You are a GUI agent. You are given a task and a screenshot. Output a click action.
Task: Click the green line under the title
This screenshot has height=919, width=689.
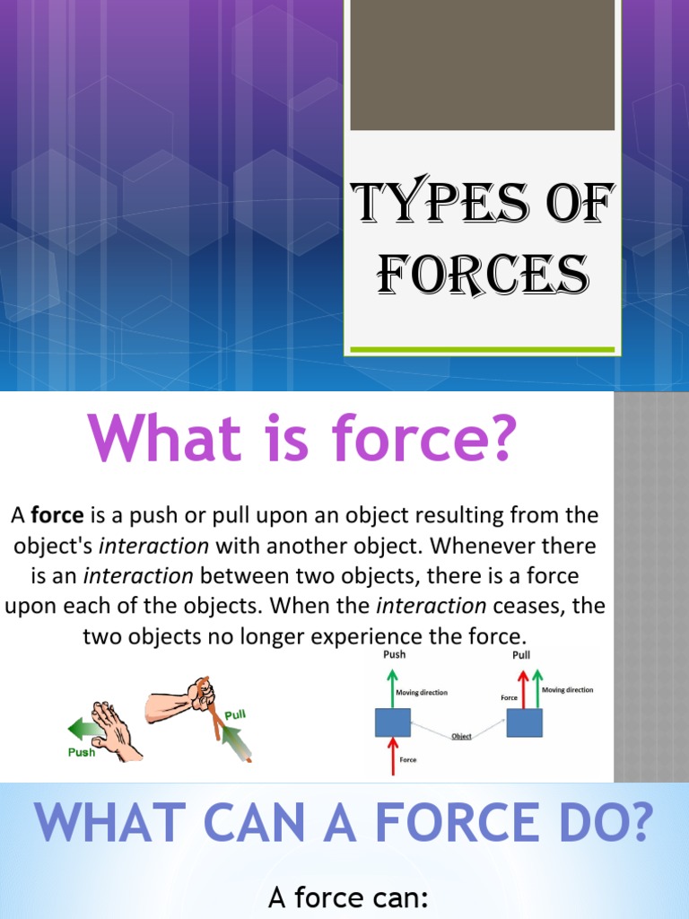[482, 349]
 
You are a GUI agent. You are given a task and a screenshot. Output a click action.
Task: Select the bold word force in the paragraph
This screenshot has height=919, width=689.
[57, 515]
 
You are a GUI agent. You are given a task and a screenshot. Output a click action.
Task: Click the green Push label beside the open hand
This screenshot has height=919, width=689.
[82, 752]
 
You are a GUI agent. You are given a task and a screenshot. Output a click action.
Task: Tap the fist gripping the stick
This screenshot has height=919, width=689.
[198, 694]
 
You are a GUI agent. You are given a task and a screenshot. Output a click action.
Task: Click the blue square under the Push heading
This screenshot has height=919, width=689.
[392, 722]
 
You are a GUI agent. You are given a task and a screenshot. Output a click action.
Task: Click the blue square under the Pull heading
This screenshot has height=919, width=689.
[524, 722]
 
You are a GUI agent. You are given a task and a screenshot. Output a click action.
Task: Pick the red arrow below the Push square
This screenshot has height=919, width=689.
[392, 757]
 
